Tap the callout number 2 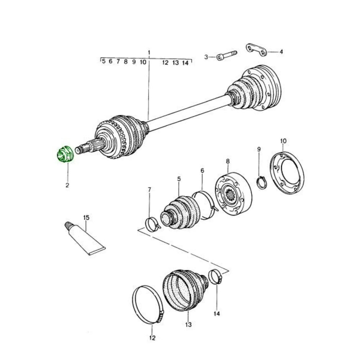[x=67, y=185]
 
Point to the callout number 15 [x=86, y=218]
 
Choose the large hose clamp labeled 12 [x=148, y=304]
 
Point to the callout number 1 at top [x=149, y=52]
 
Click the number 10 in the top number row [x=143, y=62]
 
